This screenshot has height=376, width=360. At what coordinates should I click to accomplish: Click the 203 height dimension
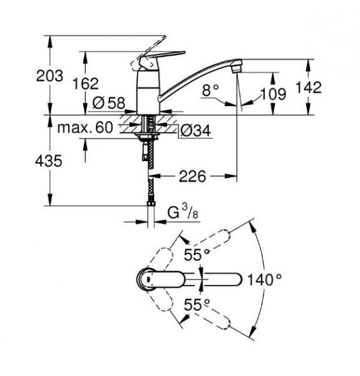click(x=50, y=76)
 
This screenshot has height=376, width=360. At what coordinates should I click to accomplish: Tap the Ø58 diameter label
click(x=108, y=103)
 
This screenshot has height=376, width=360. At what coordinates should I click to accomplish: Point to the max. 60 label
click(x=85, y=128)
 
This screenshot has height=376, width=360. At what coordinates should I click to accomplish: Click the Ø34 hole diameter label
click(x=194, y=130)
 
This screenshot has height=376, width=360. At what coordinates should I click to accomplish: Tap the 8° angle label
click(x=211, y=91)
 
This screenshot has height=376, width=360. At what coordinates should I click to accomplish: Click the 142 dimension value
click(x=307, y=88)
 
